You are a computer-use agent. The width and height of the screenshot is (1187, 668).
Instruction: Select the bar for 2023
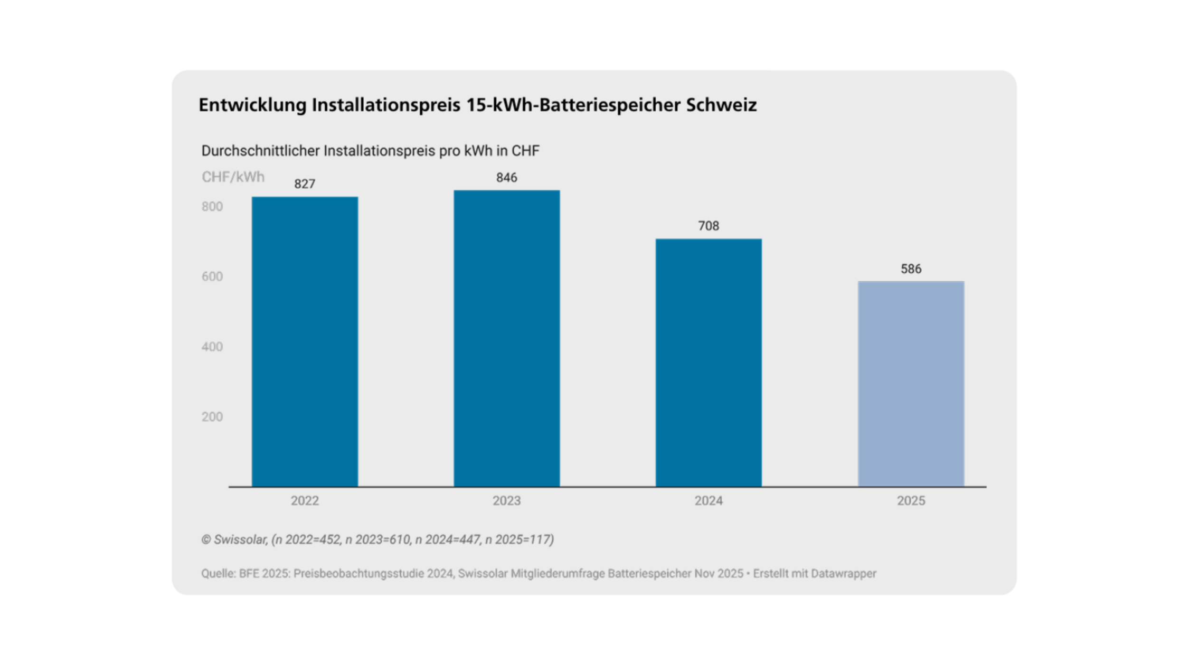[507, 338]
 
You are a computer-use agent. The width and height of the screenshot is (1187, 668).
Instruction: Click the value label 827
[304, 184]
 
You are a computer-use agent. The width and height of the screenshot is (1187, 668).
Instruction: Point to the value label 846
[507, 178]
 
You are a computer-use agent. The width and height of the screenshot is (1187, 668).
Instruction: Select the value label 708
[708, 226]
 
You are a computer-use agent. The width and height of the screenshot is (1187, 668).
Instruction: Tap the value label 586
[911, 269]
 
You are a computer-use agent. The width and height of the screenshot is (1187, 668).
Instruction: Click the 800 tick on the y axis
[212, 207]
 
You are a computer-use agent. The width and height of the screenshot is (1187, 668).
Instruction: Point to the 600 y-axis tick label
[212, 277]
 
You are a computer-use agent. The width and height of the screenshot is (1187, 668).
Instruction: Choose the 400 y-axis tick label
[212, 347]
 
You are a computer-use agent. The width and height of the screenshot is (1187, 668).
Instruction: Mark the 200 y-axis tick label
[212, 417]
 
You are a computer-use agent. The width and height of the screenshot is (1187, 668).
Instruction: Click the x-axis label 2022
[304, 501]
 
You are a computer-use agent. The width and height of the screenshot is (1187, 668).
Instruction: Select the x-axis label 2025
[911, 501]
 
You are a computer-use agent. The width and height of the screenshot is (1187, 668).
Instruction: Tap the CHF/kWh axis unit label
[233, 177]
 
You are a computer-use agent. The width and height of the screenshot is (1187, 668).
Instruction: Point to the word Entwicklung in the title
[252, 105]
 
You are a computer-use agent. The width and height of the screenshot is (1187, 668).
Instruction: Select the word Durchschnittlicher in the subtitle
[260, 151]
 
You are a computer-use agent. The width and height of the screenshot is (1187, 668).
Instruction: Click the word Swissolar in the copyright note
[240, 540]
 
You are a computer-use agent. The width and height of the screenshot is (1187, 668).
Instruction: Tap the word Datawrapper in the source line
[843, 573]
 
